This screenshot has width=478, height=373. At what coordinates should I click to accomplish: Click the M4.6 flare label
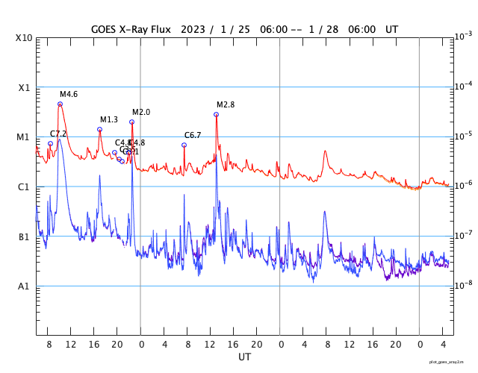point(69,95)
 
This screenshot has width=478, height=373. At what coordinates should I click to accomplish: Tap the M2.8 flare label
point(226,105)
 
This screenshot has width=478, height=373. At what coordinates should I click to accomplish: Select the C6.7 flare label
point(193,135)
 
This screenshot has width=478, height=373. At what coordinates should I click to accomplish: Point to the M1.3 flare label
point(109,120)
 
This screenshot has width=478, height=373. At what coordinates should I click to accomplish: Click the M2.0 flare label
point(141,113)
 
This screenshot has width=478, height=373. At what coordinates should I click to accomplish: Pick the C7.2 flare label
point(58,134)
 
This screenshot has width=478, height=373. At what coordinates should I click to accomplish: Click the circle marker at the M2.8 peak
point(217,114)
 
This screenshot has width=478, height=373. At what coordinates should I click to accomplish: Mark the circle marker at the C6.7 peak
point(184,145)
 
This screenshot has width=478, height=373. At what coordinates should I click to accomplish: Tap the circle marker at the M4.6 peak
point(60,104)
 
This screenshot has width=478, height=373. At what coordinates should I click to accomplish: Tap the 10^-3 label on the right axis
point(464,36)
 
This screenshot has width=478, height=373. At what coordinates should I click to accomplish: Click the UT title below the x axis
point(244,357)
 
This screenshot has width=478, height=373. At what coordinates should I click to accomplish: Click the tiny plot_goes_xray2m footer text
point(447,361)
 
